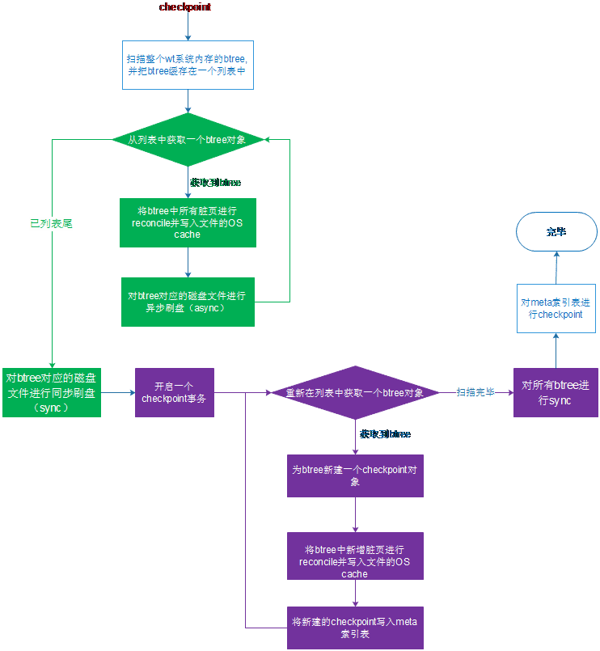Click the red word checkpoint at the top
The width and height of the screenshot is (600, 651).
click(x=185, y=7)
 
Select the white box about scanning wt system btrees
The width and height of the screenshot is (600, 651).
click(x=188, y=65)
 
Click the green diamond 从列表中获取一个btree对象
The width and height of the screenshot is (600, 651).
click(x=187, y=140)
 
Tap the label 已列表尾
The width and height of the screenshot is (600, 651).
click(x=51, y=224)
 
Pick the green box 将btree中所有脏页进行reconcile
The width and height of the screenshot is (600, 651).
click(x=188, y=222)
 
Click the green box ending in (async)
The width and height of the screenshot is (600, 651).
click(x=188, y=302)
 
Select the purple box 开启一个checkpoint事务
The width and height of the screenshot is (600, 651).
click(x=174, y=392)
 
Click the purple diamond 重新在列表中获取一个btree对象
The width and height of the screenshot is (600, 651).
click(x=354, y=393)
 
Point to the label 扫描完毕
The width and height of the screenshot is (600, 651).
click(x=475, y=392)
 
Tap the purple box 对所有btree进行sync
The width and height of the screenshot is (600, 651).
click(x=555, y=393)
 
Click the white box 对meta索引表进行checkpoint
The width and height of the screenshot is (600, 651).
click(x=555, y=308)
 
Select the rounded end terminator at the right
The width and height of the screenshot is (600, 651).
click(x=556, y=232)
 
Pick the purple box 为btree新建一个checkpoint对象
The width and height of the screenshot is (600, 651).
click(x=355, y=476)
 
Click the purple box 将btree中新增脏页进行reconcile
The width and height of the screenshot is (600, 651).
click(x=355, y=556)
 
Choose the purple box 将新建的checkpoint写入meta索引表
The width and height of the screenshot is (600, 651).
click(x=355, y=627)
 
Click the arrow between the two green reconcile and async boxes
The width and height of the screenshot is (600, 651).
click(x=188, y=262)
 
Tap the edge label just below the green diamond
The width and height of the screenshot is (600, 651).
click(x=215, y=183)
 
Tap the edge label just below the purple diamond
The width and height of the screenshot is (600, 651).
click(x=385, y=434)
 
